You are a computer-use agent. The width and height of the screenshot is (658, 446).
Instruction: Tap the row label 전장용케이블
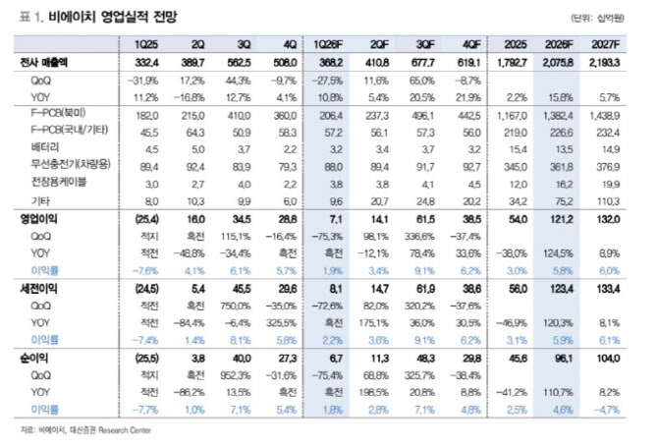(53, 182)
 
